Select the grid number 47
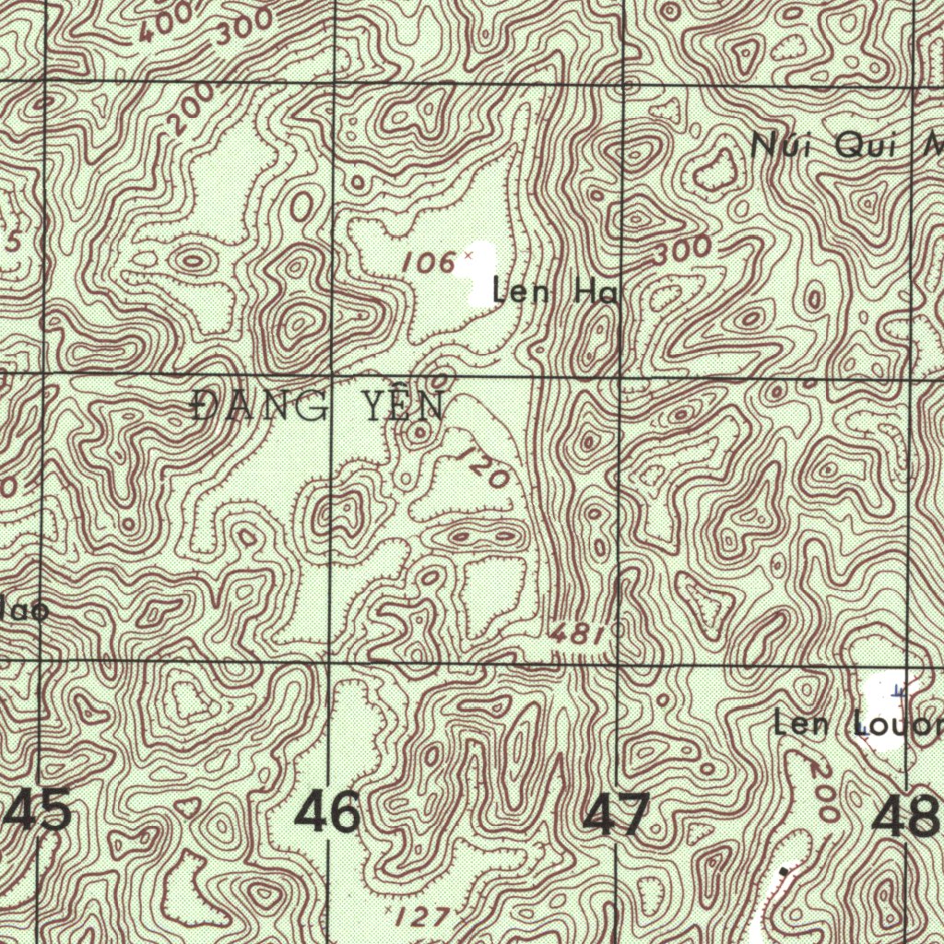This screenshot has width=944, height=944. click(618, 815)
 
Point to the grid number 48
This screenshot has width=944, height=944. click(908, 817)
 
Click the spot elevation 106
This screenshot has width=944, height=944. click(429, 264)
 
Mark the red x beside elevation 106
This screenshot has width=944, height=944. click(467, 254)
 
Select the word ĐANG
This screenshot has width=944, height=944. click(261, 406)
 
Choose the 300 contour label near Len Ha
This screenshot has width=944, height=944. click(684, 251)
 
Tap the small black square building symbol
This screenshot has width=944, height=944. click(785, 868)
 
